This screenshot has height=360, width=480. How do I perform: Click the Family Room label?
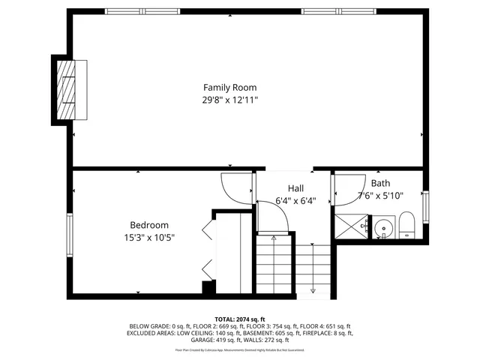click(x=229, y=86)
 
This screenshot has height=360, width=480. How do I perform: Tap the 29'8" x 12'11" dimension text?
click(x=229, y=99)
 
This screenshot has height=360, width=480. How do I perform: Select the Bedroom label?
click(x=149, y=225)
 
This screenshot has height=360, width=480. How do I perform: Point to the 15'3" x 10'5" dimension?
click(x=149, y=238)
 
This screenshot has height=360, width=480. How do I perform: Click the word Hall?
click(x=295, y=187)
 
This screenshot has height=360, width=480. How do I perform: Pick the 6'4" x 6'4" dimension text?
click(x=295, y=200)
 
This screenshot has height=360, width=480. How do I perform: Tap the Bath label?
click(x=380, y=183)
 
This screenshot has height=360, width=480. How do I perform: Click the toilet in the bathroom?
click(x=407, y=225)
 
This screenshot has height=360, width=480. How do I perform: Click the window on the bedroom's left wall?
click(x=70, y=236)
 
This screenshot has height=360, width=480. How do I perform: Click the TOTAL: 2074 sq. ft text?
click(x=239, y=319)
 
